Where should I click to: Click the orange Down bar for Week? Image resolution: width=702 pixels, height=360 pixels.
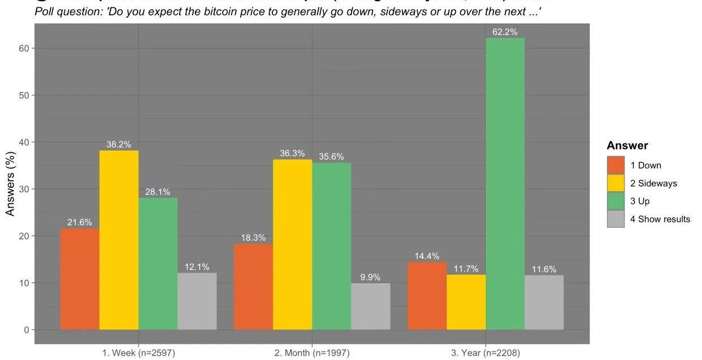pyautogui.click(x=80, y=278)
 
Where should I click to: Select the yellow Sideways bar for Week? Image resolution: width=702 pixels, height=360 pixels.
pyautogui.click(x=119, y=239)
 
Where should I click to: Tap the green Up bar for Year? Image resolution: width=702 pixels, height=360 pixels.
pyautogui.click(x=505, y=183)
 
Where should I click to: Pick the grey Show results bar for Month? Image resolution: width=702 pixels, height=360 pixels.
pyautogui.click(x=370, y=306)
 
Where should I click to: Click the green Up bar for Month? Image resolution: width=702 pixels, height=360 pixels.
pyautogui.click(x=331, y=246)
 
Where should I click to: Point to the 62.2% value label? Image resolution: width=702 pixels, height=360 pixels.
pyautogui.click(x=505, y=32)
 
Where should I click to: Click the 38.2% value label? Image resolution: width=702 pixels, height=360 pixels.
pyautogui.click(x=119, y=144)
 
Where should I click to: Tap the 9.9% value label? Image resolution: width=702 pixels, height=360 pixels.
pyautogui.click(x=370, y=277)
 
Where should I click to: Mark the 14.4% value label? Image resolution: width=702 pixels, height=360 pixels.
pyautogui.click(x=427, y=256)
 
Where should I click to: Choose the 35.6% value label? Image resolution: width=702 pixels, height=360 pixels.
pyautogui.click(x=331, y=157)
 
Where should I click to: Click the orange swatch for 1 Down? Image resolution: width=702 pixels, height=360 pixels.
pyautogui.click(x=615, y=165)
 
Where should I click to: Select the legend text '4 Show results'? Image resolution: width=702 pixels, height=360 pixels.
pyautogui.click(x=660, y=219)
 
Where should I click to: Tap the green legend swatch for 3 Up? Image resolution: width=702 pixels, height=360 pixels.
pyautogui.click(x=615, y=201)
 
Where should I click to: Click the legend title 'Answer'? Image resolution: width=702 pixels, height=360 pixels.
pyautogui.click(x=627, y=145)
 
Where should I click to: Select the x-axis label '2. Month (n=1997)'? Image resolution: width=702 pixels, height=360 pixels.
pyautogui.click(x=312, y=353)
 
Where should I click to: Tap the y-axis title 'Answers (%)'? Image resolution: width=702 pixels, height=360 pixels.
pyautogui.click(x=11, y=182)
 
